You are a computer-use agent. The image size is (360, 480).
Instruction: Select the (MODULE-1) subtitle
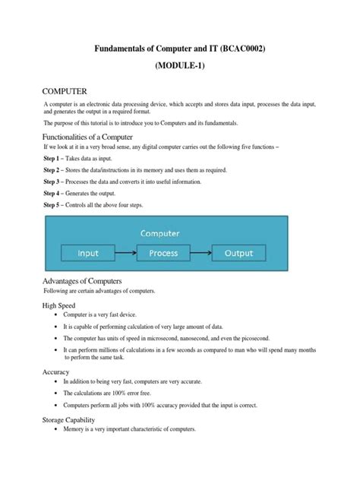[x=179, y=66]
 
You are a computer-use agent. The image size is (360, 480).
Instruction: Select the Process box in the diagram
[x=163, y=252]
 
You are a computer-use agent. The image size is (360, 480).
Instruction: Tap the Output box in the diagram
[x=238, y=252]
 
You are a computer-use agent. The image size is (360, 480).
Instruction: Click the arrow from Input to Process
[x=126, y=252]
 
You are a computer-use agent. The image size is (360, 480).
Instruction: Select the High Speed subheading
[x=58, y=305]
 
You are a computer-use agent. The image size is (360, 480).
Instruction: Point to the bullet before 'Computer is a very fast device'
[x=55, y=314]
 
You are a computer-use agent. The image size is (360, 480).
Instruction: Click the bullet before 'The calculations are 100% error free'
[x=55, y=393]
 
